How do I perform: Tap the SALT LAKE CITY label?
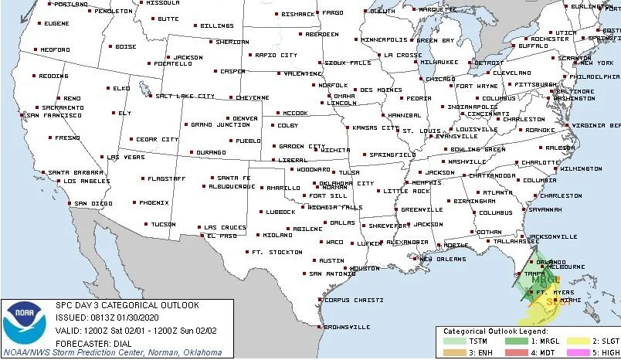pos(186,96)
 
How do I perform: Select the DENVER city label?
pos(245,118)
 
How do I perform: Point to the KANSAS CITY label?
pos(374,127)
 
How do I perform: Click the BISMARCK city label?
pos(298,14)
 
